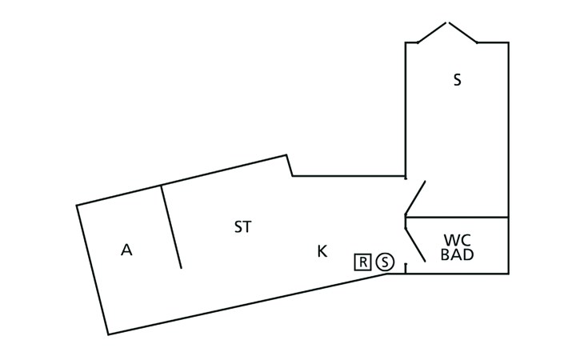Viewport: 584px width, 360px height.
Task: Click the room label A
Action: [126, 250]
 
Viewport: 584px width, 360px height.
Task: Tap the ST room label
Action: [243, 226]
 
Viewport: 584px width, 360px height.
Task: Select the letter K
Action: [322, 251]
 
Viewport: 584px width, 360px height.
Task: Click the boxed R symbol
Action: [362, 262]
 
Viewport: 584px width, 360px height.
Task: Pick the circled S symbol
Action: [385, 262]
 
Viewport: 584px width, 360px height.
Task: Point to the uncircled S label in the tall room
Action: [457, 80]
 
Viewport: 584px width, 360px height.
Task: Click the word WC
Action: [458, 240]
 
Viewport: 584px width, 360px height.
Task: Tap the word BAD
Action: [458, 254]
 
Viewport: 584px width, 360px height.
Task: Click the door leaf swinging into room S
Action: [415, 198]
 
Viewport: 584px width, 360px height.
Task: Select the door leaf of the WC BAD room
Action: [415, 244]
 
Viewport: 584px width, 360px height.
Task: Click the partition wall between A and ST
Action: [171, 226]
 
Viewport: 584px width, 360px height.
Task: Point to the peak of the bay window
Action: [447, 22]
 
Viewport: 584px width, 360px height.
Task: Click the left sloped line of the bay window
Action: [432, 33]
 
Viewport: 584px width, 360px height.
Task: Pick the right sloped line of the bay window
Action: [463, 33]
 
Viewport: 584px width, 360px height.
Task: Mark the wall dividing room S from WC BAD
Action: [457, 217]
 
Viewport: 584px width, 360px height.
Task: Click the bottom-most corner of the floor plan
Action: [108, 334]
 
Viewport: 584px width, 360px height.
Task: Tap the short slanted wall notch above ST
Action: [290, 166]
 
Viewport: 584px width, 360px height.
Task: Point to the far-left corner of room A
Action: [77, 205]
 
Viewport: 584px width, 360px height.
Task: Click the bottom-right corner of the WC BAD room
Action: [508, 274]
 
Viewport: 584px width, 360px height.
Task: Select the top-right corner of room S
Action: [508, 43]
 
